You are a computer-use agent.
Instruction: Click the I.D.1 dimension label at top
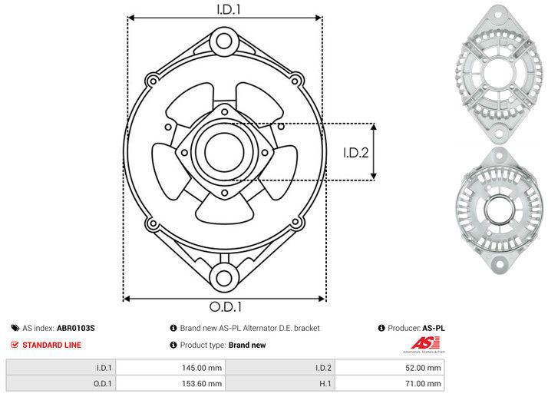225,9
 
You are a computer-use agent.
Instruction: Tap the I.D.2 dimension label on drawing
356,152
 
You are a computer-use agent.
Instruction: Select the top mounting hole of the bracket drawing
224,39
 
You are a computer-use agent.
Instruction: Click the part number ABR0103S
76,328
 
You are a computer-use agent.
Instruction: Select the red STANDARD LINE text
51,345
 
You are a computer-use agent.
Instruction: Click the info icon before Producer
381,328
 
